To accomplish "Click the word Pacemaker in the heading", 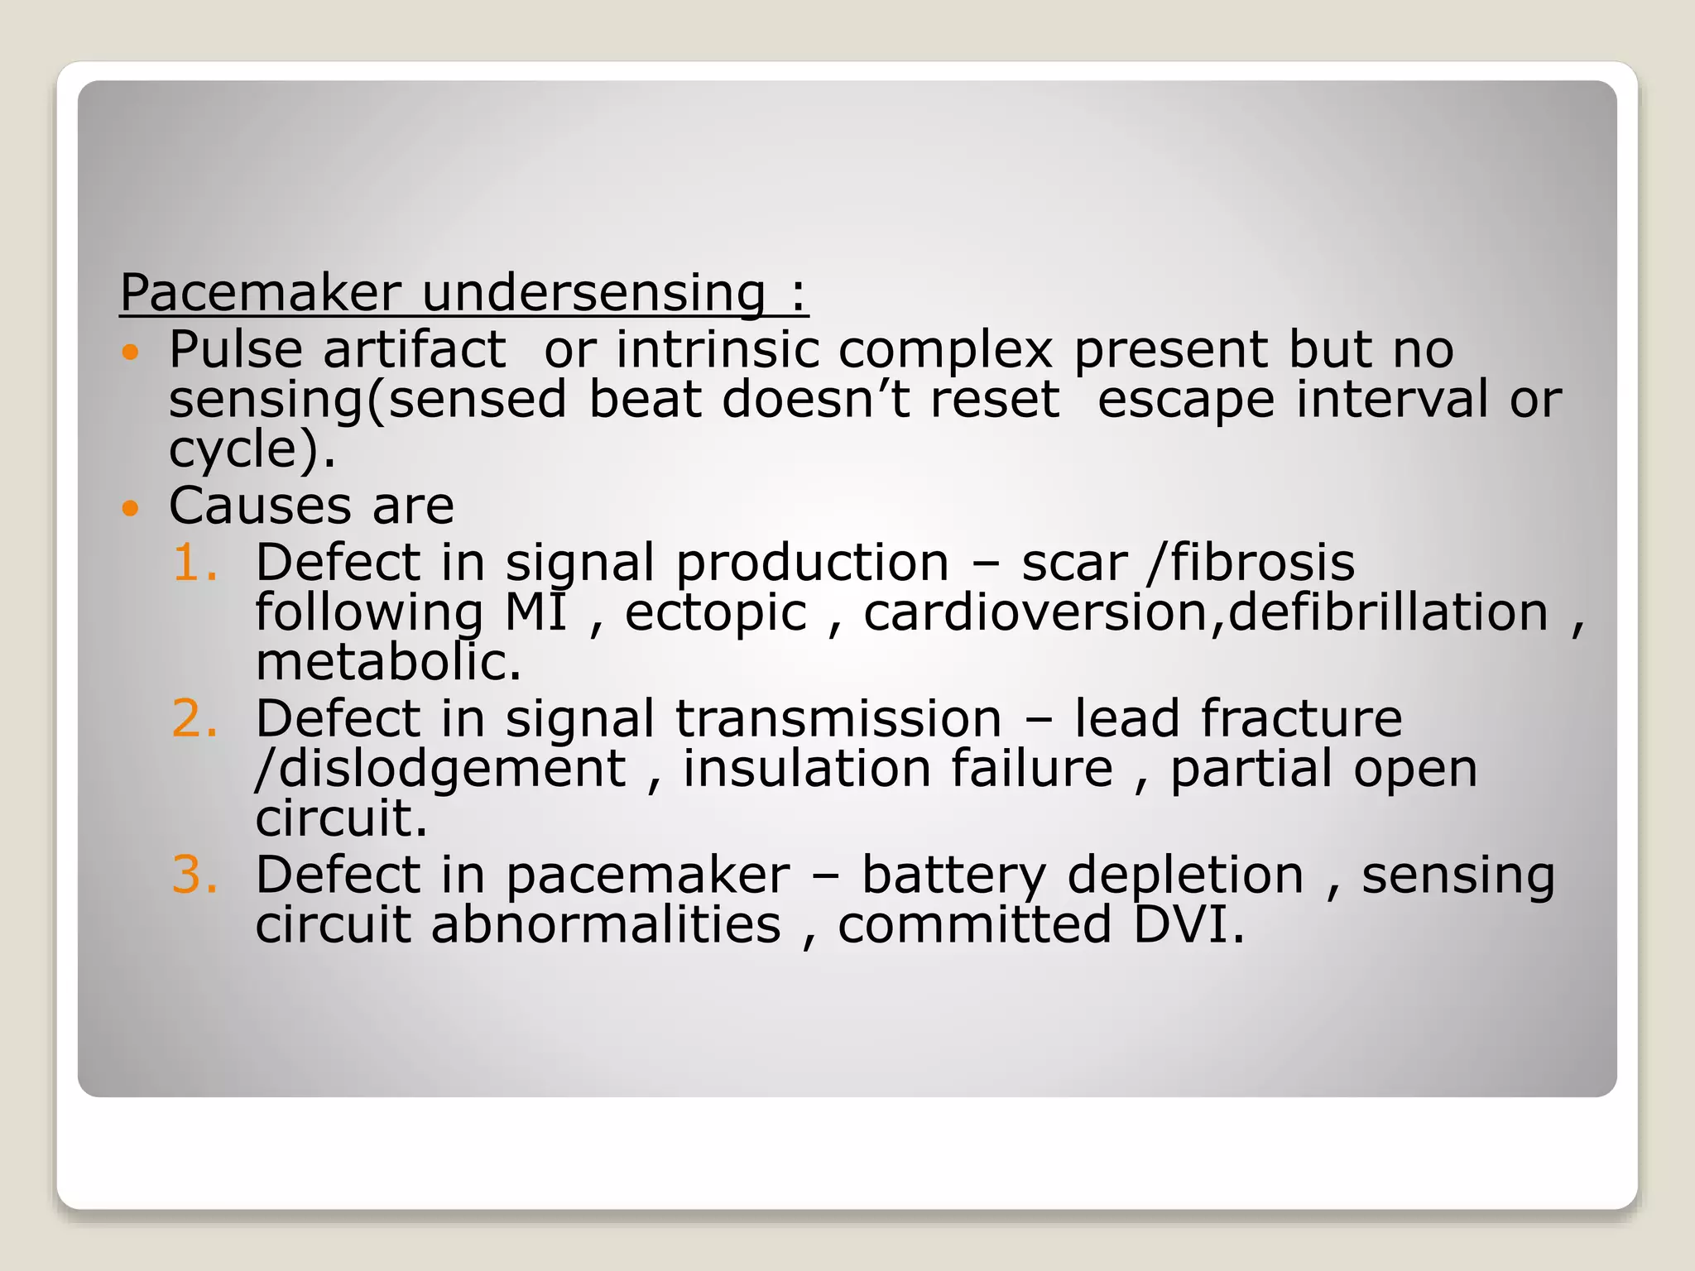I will click(261, 293).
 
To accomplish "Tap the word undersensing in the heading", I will click(593, 295).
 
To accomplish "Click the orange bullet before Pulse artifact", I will click(130, 353).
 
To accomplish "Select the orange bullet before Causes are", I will click(130, 507).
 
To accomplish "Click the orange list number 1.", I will click(194, 564).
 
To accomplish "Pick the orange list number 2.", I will click(194, 719).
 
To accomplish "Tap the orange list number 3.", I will click(194, 875).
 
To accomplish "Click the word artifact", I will click(414, 350).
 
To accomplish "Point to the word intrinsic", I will click(717, 350).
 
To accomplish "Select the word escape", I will click(1185, 400).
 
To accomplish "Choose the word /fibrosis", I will click(1251, 564).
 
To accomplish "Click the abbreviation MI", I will click(535, 613).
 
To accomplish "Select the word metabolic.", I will click(388, 663).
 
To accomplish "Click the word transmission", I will click(838, 719).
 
